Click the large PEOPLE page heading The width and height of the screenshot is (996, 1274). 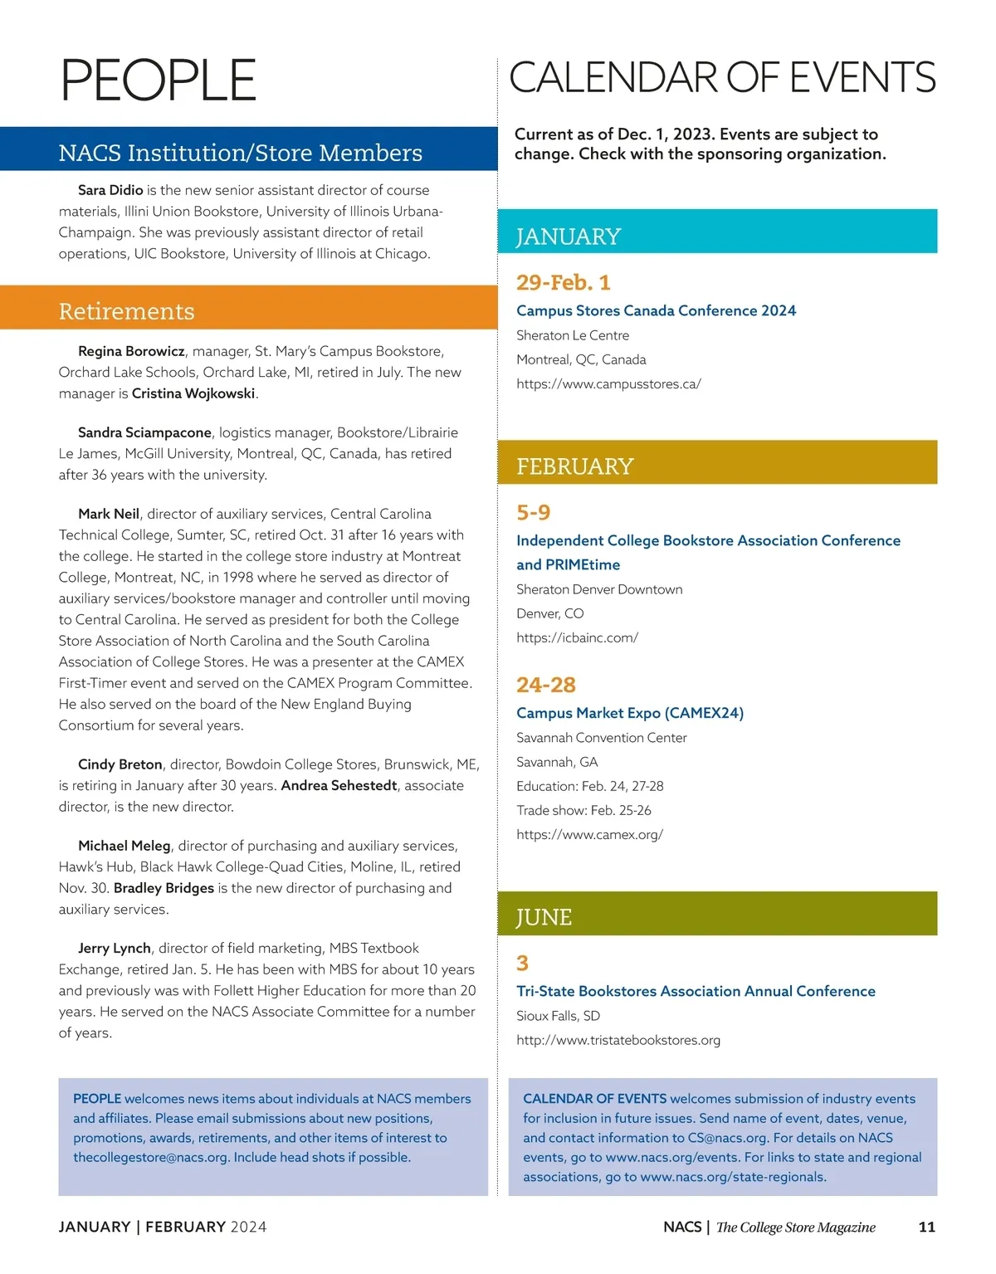point(158,81)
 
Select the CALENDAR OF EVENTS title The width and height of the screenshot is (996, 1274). point(721,78)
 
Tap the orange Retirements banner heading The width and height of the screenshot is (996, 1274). point(127,311)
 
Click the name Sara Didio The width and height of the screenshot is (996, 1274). point(110,190)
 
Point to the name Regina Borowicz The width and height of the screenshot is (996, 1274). point(131,351)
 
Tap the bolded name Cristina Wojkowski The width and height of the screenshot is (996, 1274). point(193,393)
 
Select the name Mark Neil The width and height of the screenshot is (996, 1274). point(109,514)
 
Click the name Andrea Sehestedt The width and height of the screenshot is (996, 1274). point(339,785)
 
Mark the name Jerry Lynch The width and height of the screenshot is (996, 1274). point(115,948)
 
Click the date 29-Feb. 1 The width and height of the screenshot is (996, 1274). point(563,282)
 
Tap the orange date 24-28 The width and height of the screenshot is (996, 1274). point(545,685)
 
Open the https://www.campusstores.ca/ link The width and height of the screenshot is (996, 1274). point(608,383)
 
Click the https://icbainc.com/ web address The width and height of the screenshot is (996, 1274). point(577,637)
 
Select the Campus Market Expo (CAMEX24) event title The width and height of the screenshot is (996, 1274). point(630,713)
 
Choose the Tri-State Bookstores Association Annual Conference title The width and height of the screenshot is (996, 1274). point(696,991)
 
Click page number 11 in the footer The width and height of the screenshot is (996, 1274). point(927,1227)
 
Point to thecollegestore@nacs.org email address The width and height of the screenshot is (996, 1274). point(151,1157)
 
